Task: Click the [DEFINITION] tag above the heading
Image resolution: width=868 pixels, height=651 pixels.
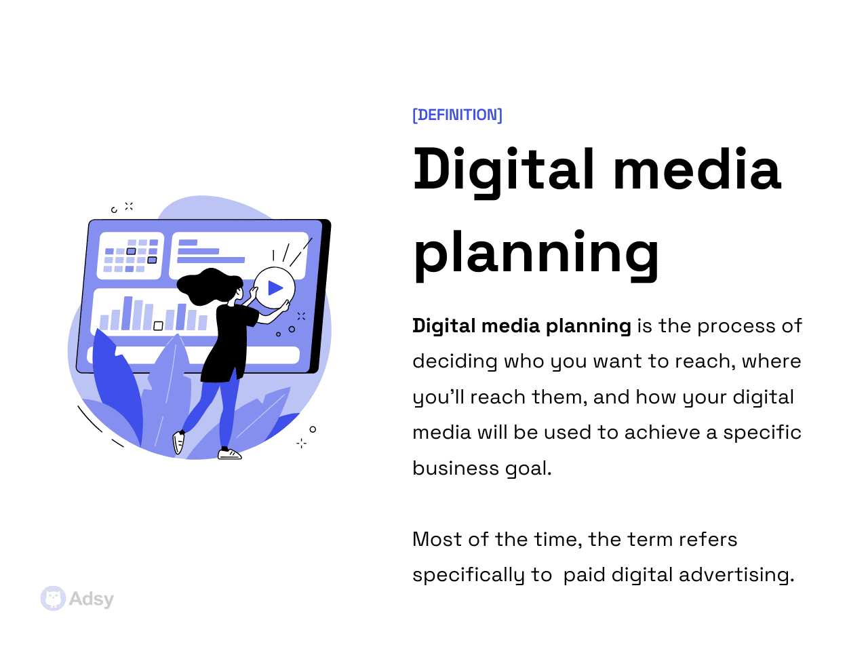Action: click(458, 115)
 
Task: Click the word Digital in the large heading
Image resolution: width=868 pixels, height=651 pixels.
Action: click(504, 170)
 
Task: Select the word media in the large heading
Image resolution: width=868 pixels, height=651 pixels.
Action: click(697, 170)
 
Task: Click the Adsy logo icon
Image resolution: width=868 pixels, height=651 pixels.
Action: click(53, 598)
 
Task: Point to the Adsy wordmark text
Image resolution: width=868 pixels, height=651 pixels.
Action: click(92, 599)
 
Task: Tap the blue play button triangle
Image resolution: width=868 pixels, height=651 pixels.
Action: click(275, 288)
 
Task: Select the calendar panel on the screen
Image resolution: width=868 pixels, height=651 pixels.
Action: click(131, 255)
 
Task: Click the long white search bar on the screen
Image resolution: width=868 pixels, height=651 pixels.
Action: click(197, 355)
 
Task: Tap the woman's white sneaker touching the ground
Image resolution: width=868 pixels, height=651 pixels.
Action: click(229, 454)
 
